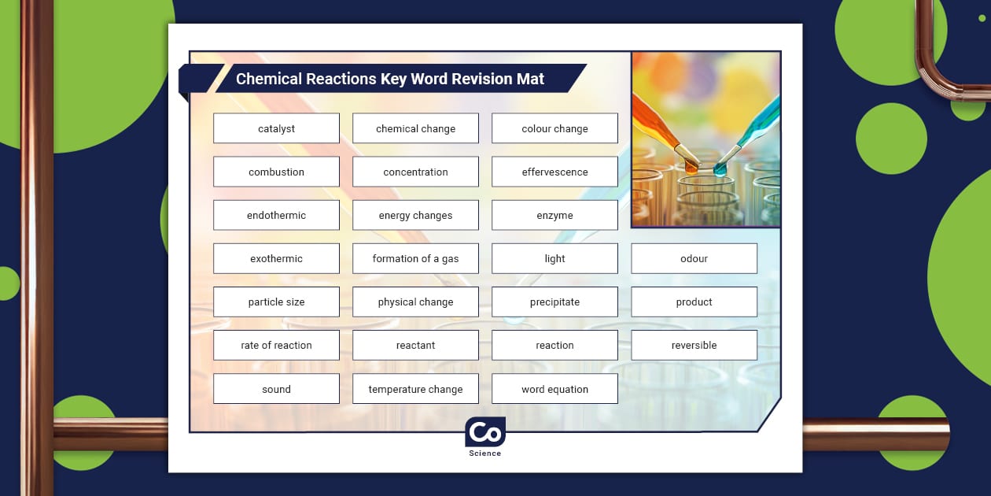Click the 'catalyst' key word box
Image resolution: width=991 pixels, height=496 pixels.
(x=276, y=128)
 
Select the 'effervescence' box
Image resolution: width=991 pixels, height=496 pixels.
(x=554, y=172)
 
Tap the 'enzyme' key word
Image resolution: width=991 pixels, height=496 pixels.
(x=554, y=215)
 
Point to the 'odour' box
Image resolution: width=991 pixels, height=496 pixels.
(x=694, y=258)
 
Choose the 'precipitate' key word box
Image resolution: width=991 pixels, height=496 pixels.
(x=554, y=302)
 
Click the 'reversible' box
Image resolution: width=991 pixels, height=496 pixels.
(x=694, y=345)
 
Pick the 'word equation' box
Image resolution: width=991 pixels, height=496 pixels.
(x=554, y=389)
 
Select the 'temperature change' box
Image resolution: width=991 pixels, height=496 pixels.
(x=415, y=389)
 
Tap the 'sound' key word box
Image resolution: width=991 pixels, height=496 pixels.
(x=276, y=389)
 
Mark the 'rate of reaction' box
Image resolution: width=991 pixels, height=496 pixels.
(x=276, y=345)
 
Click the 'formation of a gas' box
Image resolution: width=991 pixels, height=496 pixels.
(x=415, y=258)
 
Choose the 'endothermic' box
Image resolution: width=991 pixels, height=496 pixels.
(x=276, y=215)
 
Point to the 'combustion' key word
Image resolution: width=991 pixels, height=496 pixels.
(x=276, y=172)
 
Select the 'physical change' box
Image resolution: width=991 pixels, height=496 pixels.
(x=415, y=302)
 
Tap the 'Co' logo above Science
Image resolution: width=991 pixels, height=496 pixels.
(x=484, y=432)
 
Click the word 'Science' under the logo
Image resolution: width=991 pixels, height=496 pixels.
(x=484, y=453)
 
